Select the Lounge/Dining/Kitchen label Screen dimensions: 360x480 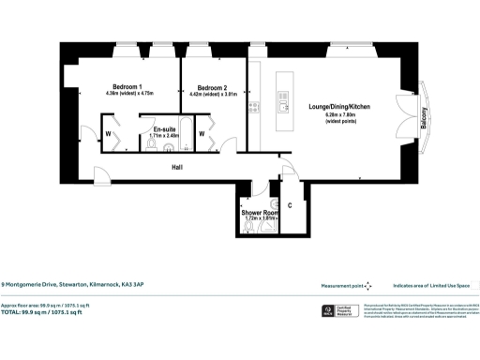pos(339,107)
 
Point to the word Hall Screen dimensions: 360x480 pos(176,167)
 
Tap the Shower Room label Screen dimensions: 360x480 pos(260,213)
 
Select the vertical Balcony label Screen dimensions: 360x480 pos(424,114)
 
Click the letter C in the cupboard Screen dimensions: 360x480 pos(290,204)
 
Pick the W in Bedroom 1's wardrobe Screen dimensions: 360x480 pos(110,133)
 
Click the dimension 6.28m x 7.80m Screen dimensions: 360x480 pos(339,115)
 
